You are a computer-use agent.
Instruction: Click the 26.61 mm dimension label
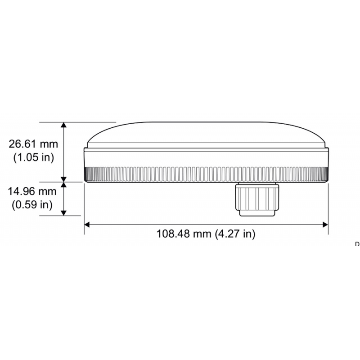pos(34,144)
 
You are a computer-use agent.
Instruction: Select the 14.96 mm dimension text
pos(32,191)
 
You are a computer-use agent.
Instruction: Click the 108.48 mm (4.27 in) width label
pos(206,234)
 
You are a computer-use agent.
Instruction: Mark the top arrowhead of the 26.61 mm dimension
pos(64,126)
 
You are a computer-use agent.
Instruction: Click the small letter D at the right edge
pos(357,244)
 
